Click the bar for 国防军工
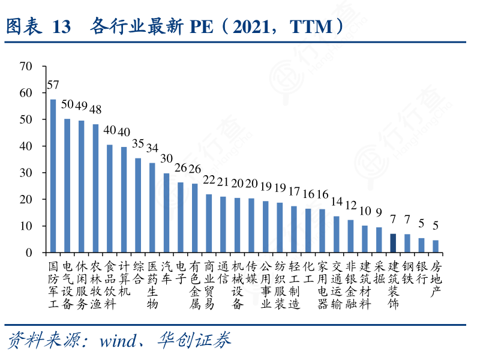(53, 176)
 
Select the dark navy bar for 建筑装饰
(393, 243)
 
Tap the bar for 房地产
(436, 246)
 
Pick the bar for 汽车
(166, 213)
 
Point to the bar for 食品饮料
(110, 198)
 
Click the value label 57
(53, 85)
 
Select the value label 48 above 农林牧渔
(95, 109)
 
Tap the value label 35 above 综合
(138, 144)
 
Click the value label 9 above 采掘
(379, 212)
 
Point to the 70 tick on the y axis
(25, 66)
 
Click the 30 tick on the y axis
(25, 173)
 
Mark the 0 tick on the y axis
(28, 253)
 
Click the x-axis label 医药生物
(152, 284)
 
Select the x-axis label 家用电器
(322, 284)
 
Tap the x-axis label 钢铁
(407, 272)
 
